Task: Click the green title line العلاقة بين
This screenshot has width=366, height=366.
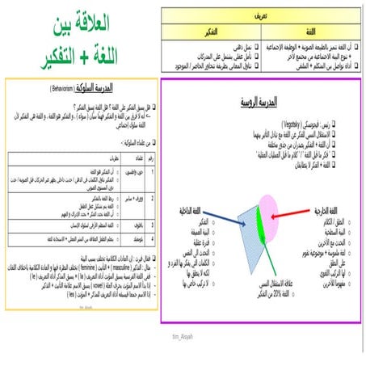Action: point(82,23)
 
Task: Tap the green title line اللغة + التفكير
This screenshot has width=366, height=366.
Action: point(82,54)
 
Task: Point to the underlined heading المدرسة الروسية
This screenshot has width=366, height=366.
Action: point(260,103)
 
